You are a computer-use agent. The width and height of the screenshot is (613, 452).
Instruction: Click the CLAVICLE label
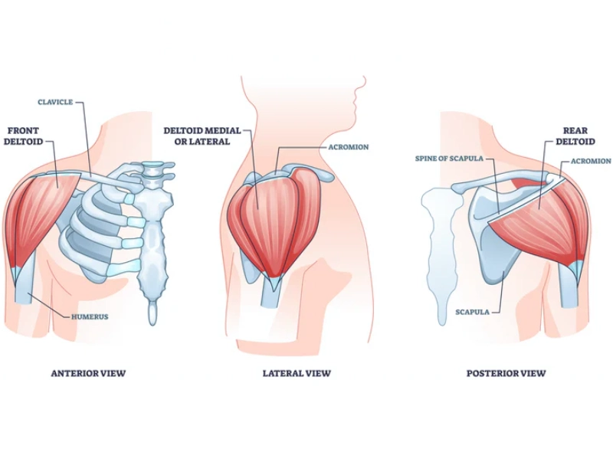coord(55,102)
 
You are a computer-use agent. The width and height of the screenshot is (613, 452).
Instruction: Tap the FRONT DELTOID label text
coord(26,136)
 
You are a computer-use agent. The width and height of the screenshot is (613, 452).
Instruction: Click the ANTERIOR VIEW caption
coord(87,374)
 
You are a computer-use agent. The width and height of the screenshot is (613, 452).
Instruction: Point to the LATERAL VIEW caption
coord(297,374)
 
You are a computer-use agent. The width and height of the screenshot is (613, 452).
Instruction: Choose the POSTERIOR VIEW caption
coord(506,374)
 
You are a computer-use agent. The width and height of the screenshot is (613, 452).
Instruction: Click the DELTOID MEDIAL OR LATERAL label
coord(197,136)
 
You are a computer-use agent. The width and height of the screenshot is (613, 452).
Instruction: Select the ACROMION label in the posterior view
coord(591,161)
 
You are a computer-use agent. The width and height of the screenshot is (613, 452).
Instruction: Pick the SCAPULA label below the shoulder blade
coord(472,312)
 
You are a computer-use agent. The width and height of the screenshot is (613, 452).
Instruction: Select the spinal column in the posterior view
coord(445,253)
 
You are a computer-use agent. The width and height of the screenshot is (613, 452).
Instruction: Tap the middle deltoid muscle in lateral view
coord(268,215)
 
